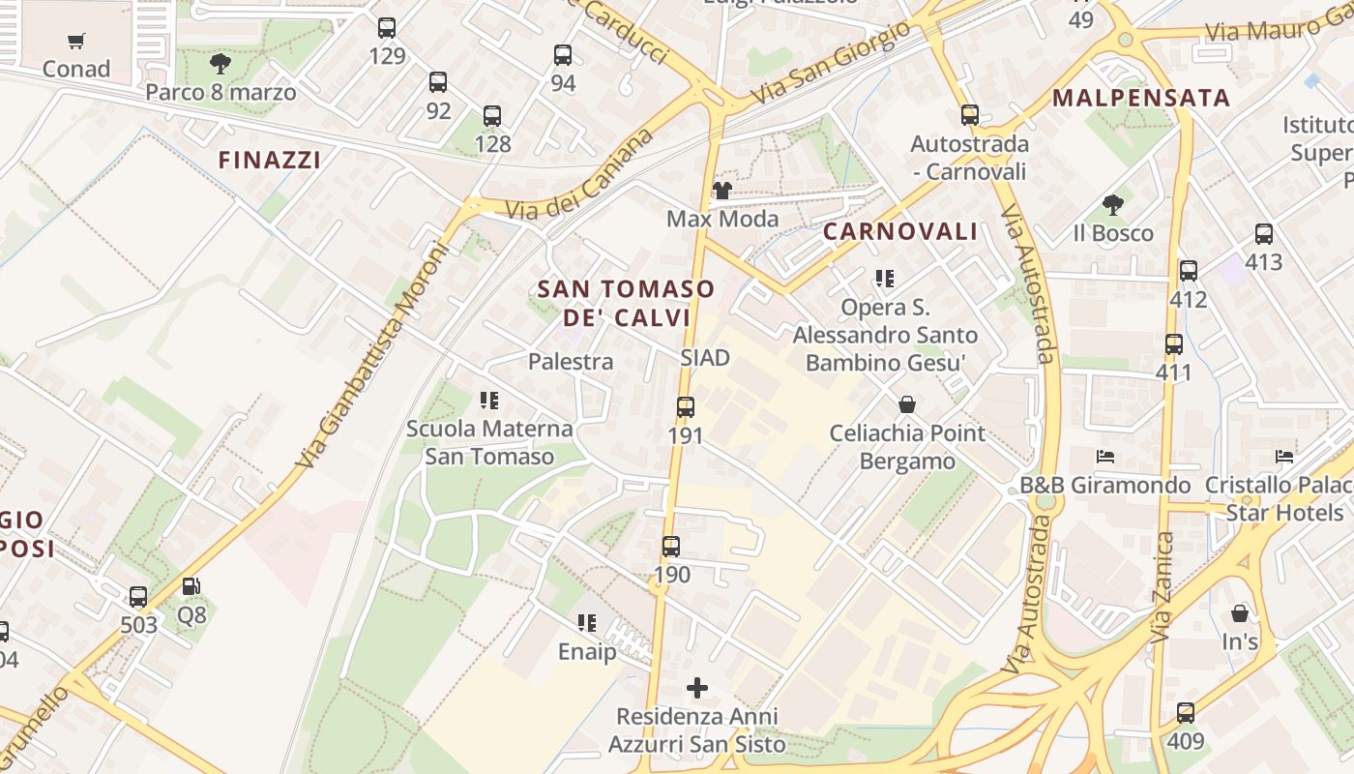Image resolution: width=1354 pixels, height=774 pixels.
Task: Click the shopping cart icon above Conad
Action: (x=76, y=41)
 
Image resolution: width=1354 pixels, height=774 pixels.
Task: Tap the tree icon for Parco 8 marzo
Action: (x=221, y=65)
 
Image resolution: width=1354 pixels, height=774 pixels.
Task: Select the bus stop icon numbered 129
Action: (x=387, y=28)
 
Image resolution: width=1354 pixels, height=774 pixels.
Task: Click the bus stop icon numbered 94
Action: (x=563, y=55)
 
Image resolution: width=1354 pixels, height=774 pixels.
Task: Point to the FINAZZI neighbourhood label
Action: (x=269, y=161)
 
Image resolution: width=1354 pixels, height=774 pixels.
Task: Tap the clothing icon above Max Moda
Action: (x=721, y=191)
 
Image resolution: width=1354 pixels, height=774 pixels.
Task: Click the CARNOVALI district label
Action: (x=899, y=232)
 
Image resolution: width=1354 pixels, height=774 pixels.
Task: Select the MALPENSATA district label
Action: (x=1141, y=98)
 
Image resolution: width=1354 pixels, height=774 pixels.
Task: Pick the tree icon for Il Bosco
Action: (x=1113, y=205)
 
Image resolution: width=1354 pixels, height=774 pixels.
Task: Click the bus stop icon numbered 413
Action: (x=1263, y=234)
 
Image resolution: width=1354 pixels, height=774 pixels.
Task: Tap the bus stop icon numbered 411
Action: (x=1173, y=344)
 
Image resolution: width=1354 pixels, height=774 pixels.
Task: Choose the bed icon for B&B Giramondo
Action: (x=1105, y=457)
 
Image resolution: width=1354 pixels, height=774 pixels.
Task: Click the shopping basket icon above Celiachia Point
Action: (x=907, y=404)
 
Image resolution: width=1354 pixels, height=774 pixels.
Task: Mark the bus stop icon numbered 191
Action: (x=685, y=407)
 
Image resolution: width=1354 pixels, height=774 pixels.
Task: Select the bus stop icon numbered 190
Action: (x=671, y=547)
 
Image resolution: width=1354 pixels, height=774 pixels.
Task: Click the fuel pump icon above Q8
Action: (x=191, y=586)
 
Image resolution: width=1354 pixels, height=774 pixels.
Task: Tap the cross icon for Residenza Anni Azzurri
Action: (x=696, y=688)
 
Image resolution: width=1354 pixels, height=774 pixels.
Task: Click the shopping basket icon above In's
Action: (x=1239, y=613)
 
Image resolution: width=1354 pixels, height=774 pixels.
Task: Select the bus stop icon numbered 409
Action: (x=1186, y=714)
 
